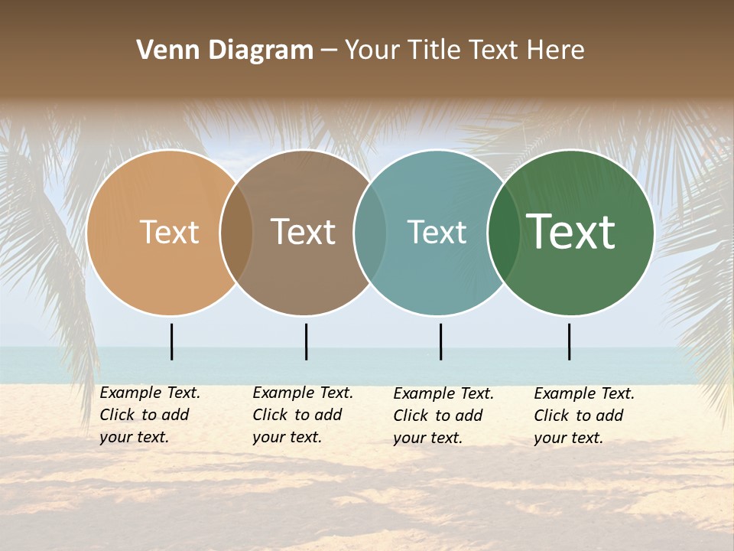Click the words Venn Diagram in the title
[x=225, y=51]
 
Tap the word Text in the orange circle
[x=169, y=232]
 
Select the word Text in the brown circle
[x=303, y=232]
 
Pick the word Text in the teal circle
[x=437, y=232]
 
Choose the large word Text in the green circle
[x=570, y=232]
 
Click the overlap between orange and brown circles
[x=236, y=233]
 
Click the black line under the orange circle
[x=172, y=341]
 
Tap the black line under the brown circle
[x=306, y=341]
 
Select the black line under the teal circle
[x=440, y=341]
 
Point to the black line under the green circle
[x=569, y=341]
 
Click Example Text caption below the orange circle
[x=150, y=393]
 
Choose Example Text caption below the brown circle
[x=303, y=393]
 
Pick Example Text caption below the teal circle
[x=443, y=394]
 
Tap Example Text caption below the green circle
[x=584, y=394]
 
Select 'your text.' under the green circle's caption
[x=568, y=438]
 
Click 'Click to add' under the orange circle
[x=145, y=415]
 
